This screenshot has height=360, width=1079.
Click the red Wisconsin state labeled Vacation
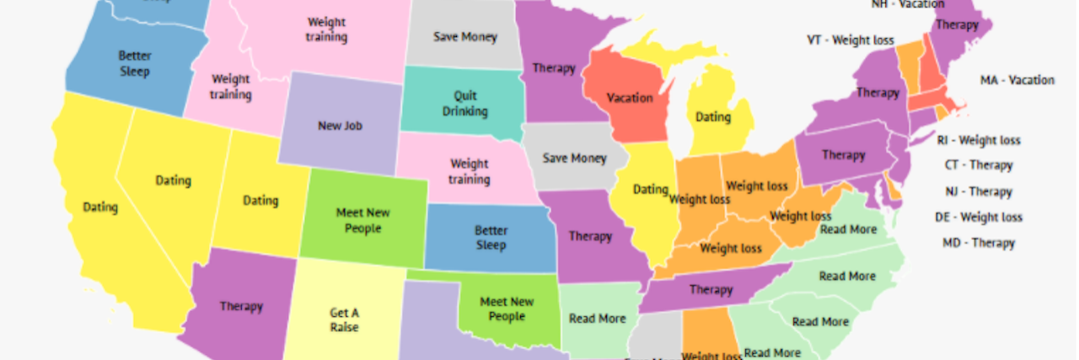tap(630, 98)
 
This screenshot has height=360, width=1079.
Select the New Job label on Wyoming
tap(341, 126)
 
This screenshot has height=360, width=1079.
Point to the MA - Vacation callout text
tap(1017, 80)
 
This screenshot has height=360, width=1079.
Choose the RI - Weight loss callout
tap(979, 140)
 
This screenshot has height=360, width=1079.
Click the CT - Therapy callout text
tap(979, 165)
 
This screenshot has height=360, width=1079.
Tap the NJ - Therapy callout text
tap(979, 191)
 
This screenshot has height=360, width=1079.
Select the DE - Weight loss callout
tap(979, 217)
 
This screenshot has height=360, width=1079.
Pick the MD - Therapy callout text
tap(979, 243)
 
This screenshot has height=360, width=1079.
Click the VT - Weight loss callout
tap(850, 40)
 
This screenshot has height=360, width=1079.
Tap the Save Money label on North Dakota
tap(465, 37)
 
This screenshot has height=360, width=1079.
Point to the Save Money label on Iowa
tap(574, 159)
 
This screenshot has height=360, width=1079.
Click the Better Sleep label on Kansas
tap(491, 237)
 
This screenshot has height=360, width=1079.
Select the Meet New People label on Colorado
tap(363, 221)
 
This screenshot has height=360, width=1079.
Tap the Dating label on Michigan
tap(713, 118)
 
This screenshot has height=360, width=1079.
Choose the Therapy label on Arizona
tap(241, 306)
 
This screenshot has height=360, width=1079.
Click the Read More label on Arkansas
tap(598, 319)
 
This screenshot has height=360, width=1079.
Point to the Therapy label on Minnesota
tap(554, 68)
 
